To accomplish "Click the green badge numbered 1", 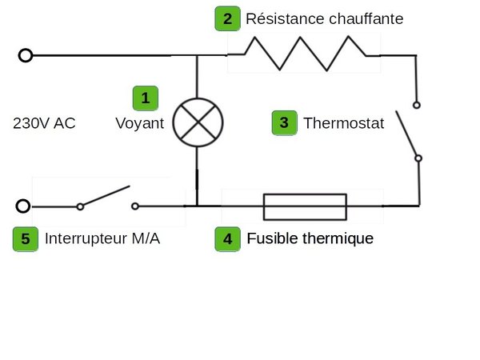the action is tap(146, 98).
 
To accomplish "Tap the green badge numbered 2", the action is tap(227, 18).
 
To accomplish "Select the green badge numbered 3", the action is tap(284, 122).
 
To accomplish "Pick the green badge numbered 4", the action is tap(227, 239).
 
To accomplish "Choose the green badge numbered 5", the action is tap(26, 239).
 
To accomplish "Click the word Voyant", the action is tap(139, 124).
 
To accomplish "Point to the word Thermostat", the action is tap(343, 123).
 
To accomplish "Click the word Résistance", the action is tap(285, 18).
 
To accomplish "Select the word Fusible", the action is tap(272, 238).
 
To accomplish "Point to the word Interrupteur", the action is tap(86, 238).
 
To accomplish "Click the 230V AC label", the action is tap(44, 123).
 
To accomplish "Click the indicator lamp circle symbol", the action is tap(174, 122).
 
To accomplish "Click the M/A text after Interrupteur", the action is tap(146, 238).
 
